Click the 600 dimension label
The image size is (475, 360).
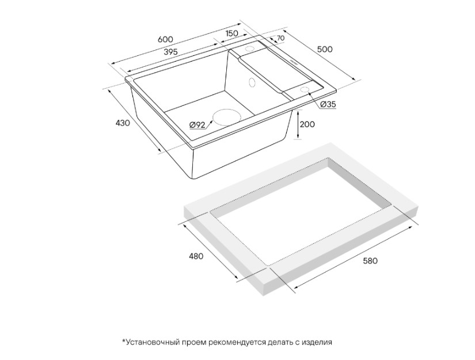[x=166, y=39]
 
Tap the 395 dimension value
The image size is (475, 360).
[x=170, y=52]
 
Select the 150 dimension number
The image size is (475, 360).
[x=232, y=33]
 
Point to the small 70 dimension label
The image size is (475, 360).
[x=280, y=38]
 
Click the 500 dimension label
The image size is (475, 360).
[x=325, y=50]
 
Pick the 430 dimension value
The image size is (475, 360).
[x=123, y=123]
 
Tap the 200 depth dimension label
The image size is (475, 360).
[x=307, y=124]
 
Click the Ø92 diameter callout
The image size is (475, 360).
[x=197, y=125]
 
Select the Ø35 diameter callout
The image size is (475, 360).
[x=328, y=104]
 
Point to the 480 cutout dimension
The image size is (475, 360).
[x=196, y=256]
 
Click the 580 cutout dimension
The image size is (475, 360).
[x=370, y=261]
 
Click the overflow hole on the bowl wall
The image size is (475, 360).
[x=252, y=82]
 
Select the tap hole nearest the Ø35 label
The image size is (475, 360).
[x=305, y=89]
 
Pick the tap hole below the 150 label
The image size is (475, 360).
[x=250, y=49]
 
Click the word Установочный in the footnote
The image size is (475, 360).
[x=153, y=342]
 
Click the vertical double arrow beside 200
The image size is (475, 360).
[x=298, y=124]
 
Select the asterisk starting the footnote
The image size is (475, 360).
[x=124, y=341]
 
